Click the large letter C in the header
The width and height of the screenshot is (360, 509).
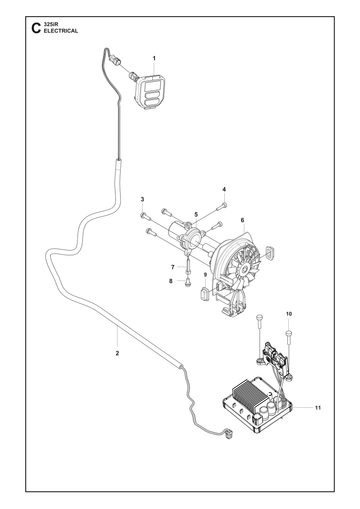(36, 28)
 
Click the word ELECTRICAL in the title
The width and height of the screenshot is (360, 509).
(61, 31)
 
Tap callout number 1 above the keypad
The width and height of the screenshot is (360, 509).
(154, 58)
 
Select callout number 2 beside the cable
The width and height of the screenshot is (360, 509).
(117, 353)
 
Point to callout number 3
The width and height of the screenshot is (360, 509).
(142, 200)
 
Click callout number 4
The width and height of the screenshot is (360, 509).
(224, 189)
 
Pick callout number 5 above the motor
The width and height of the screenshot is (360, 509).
(196, 214)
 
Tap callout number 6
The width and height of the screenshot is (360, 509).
(242, 220)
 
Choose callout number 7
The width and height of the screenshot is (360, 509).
(173, 267)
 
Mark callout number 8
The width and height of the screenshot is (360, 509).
(171, 281)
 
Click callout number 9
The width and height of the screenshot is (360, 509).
(205, 275)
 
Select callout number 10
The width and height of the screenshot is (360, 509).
(289, 314)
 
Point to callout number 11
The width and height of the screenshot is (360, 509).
(318, 407)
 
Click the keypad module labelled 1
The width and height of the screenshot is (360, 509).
(150, 91)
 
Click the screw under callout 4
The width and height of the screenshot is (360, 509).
(222, 207)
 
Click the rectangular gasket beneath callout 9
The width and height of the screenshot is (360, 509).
(205, 292)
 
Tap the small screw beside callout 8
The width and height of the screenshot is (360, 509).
(187, 283)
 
